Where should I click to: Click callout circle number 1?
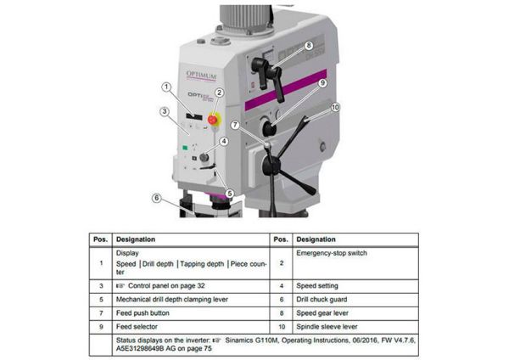pyautogui.click(x=167, y=87)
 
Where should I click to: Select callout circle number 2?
pyautogui.click(x=219, y=93)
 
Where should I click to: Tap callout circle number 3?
pyautogui.click(x=163, y=111)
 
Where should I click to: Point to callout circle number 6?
pyautogui.click(x=156, y=199)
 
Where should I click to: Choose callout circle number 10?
pyautogui.click(x=335, y=108)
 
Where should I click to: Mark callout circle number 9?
pyautogui.click(x=322, y=83)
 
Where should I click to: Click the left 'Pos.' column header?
pyautogui.click(x=99, y=240)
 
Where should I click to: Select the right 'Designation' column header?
pyautogui.click(x=316, y=240)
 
